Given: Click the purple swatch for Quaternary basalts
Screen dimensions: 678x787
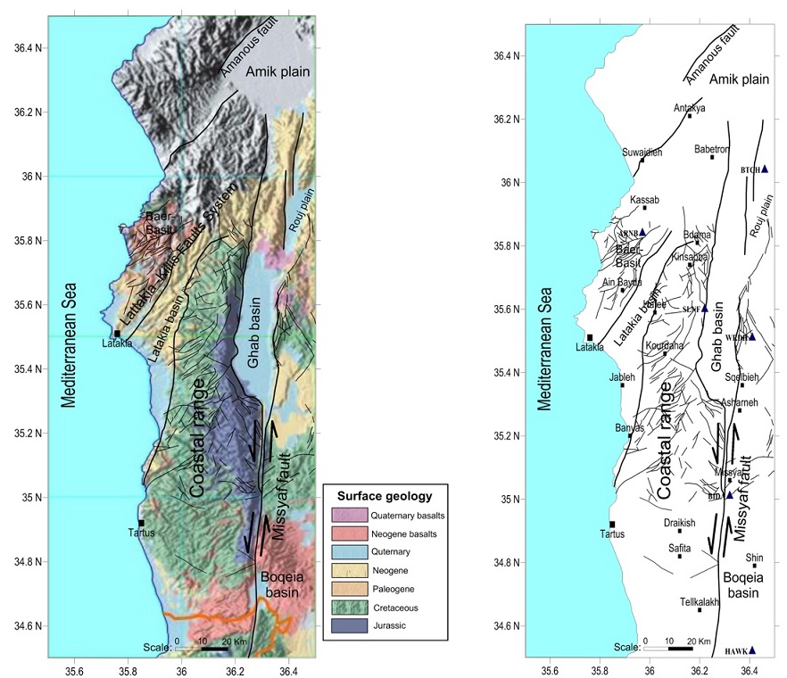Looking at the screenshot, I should (346, 515).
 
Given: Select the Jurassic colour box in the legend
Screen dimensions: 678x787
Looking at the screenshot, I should (346, 627).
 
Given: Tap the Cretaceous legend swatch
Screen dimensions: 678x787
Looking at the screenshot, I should (346, 608).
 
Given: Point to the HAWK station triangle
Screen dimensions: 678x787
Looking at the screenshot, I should (752, 650).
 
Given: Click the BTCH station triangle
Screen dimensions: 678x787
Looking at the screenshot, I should (765, 169).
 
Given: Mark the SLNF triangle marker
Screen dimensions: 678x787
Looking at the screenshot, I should (704, 308).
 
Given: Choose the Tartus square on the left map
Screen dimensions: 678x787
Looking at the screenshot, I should (141, 523).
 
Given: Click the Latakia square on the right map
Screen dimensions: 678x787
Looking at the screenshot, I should (590, 336).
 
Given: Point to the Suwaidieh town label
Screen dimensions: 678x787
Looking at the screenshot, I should (642, 152).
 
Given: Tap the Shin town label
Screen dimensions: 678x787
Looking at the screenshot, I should (754, 553).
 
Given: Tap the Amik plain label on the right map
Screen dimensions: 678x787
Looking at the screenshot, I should (736, 79).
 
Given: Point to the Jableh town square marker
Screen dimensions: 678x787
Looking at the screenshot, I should (623, 385).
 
